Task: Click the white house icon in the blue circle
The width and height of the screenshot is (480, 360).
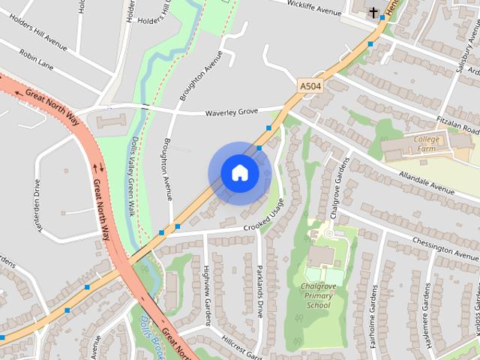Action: (239, 172)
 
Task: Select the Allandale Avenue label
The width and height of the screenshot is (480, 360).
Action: (427, 184)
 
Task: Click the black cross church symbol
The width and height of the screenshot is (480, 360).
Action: (373, 12)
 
